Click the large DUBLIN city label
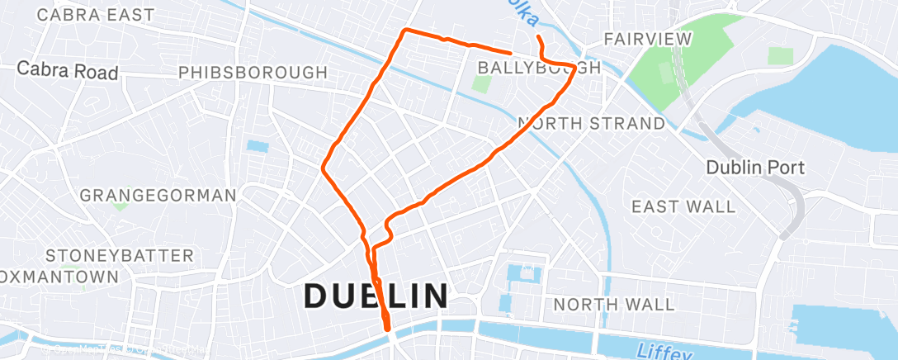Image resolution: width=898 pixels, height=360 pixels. pyautogui.click(x=377, y=296)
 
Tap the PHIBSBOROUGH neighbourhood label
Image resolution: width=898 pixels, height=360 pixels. pyautogui.click(x=253, y=73)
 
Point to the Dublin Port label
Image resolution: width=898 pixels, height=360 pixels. pyautogui.click(x=754, y=168)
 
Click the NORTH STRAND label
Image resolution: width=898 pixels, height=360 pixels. pyautogui.click(x=591, y=124)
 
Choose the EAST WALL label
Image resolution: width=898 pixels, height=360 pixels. pyautogui.click(x=683, y=206)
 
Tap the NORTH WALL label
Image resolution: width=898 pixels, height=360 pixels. pyautogui.click(x=613, y=305)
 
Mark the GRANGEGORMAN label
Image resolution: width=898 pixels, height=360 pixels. pyautogui.click(x=158, y=196)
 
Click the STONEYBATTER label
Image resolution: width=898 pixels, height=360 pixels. pyautogui.click(x=120, y=255)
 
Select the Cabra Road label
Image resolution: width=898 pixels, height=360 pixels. pyautogui.click(x=68, y=71)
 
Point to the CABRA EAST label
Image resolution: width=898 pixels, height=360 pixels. pyautogui.click(x=96, y=15)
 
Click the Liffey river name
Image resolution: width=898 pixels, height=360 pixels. pyautogui.click(x=665, y=353)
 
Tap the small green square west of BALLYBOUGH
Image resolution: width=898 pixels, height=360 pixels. pyautogui.click(x=481, y=84)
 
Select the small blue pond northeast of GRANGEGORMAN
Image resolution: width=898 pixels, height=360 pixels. pyautogui.click(x=258, y=146)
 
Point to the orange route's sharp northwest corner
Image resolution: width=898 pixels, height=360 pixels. pyautogui.click(x=404, y=31)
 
